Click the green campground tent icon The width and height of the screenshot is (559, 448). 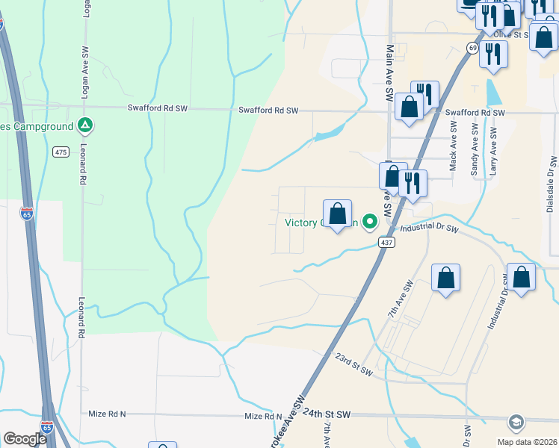[86, 125]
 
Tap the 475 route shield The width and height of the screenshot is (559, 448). [61, 152]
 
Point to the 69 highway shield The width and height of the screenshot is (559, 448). [472, 47]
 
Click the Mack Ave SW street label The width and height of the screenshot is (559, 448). [453, 146]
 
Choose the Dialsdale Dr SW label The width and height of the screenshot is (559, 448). [552, 182]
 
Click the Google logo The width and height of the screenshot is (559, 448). [24, 439]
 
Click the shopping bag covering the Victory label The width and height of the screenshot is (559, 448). [338, 214]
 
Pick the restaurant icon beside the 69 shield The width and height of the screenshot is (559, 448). [493, 54]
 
